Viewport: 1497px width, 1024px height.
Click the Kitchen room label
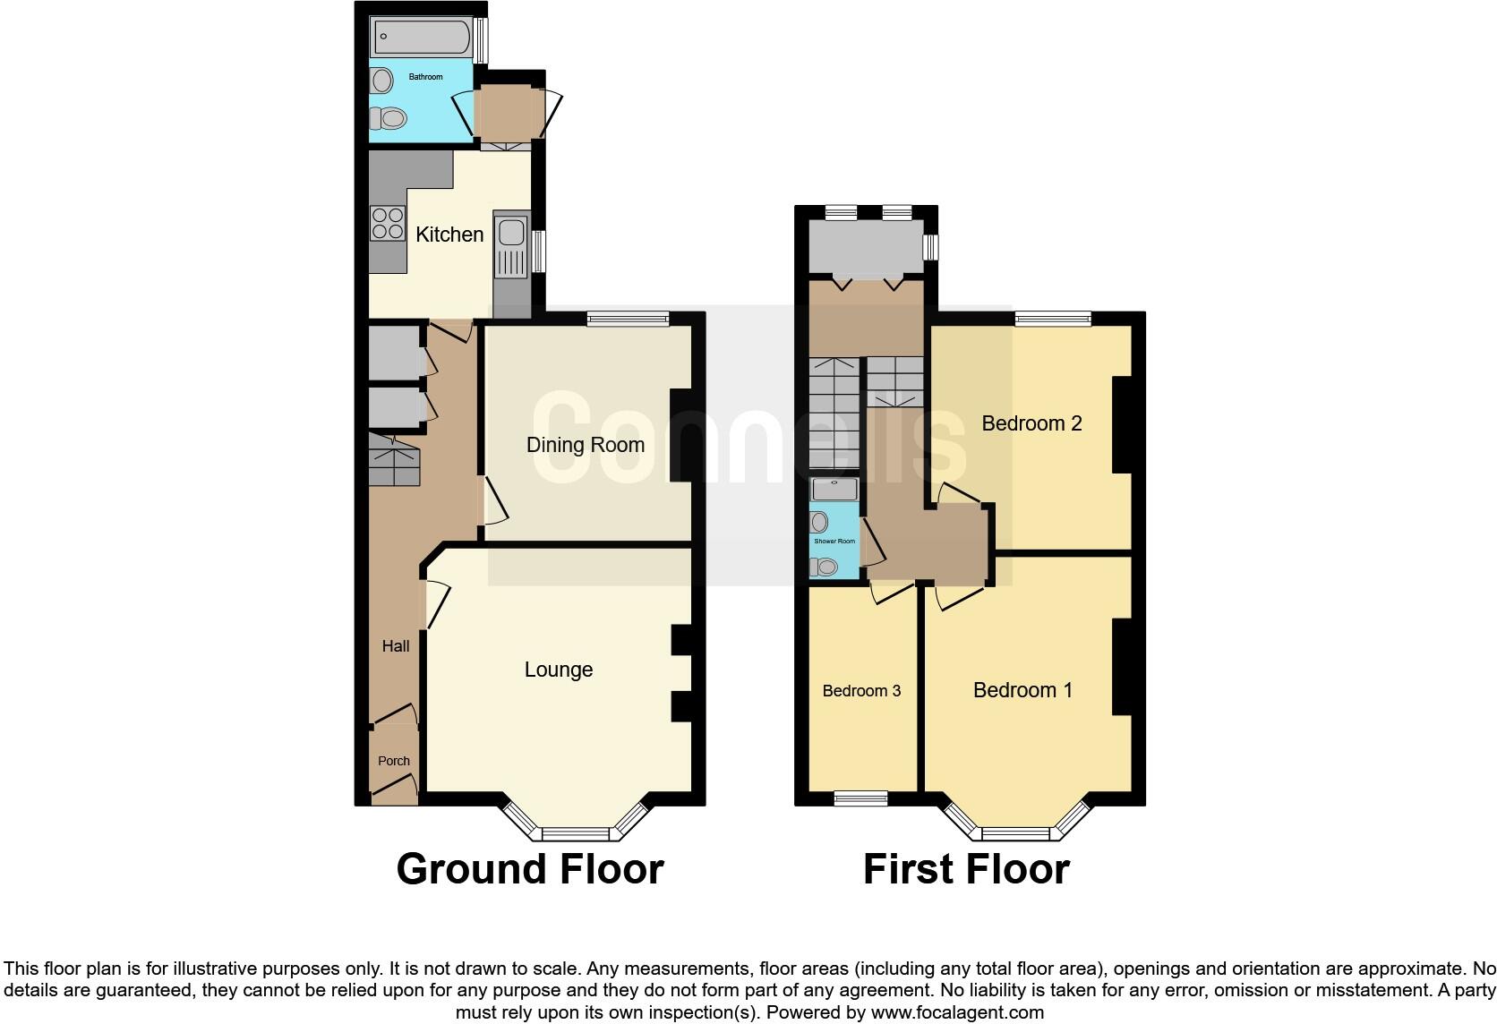[449, 235]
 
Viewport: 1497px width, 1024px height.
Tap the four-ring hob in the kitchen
[388, 223]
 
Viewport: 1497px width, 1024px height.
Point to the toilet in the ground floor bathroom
[390, 118]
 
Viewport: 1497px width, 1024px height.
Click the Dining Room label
[585, 445]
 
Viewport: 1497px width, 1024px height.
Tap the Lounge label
[558, 670]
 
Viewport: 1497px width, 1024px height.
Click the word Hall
[396, 645]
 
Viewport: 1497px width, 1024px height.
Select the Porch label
[394, 761]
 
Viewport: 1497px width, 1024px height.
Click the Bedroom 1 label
[1022, 690]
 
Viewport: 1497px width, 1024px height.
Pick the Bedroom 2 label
[1031, 423]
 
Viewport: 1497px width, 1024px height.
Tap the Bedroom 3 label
[861, 691]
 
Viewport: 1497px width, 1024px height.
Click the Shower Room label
[834, 542]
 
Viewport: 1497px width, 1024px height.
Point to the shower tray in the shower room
[834, 490]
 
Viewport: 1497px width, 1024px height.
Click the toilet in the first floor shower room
[824, 567]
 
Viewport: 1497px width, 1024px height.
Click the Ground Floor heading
[530, 869]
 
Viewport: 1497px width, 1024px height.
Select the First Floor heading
[966, 869]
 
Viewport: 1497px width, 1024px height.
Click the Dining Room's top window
[629, 318]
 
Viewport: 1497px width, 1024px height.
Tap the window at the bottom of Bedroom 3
[860, 798]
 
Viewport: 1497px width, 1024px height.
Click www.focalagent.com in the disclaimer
[957, 1013]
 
